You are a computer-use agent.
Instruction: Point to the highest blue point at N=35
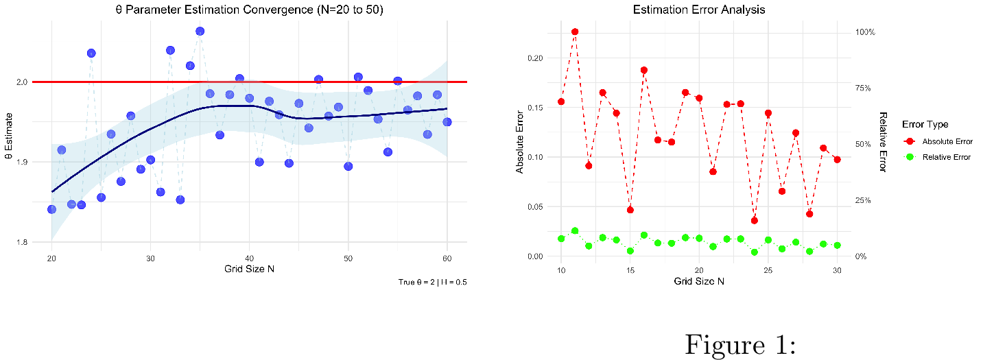[x=200, y=32]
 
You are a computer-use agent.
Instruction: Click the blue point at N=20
[x=51, y=209]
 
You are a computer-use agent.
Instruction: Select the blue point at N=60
[x=447, y=122]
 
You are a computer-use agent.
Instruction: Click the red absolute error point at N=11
[x=575, y=32]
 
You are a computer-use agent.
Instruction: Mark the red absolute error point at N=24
[x=755, y=220]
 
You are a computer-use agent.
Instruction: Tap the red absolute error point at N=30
[x=837, y=159]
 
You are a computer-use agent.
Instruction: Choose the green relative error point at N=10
[x=561, y=239]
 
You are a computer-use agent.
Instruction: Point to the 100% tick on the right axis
[x=864, y=32]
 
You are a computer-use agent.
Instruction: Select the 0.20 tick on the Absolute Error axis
[x=534, y=58]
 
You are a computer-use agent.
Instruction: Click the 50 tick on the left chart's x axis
[x=348, y=258]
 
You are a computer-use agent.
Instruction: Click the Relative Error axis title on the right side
[x=882, y=142]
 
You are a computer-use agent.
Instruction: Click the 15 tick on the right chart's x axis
[x=630, y=270]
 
